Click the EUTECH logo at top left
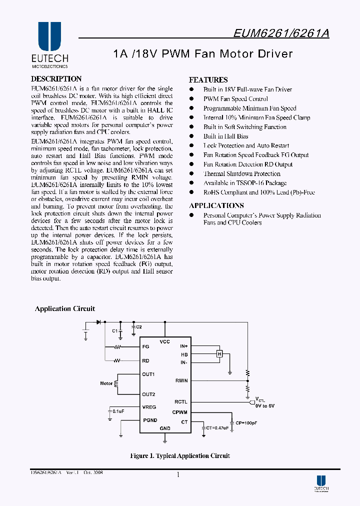(49, 44)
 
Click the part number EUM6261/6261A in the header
(281, 33)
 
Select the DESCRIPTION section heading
(56, 79)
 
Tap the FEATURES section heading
(208, 80)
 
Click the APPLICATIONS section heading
(216, 205)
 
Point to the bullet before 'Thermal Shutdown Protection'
(191, 174)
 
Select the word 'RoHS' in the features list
(211, 192)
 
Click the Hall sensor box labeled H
(218, 354)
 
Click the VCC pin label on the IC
(164, 341)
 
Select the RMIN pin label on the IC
(181, 381)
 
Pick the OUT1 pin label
(148, 374)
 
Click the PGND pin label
(150, 420)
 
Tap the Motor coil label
(106, 383)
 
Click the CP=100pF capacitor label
(246, 422)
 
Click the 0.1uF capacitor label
(118, 410)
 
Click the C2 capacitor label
(138, 326)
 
